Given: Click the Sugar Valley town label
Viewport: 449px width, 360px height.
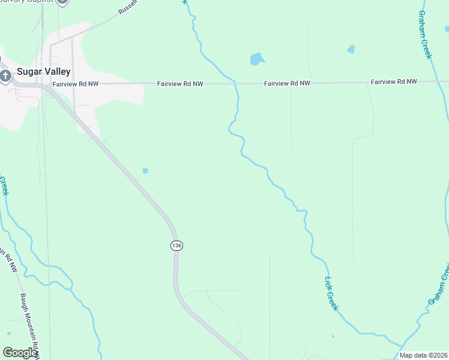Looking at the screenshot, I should point(43,71).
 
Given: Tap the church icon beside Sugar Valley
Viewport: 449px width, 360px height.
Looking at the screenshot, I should point(5,76).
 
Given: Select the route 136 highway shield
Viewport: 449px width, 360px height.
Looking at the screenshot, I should point(176,245).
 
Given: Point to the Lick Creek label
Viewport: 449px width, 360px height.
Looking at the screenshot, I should point(331,293).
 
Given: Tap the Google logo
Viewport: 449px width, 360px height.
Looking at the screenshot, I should point(20,353).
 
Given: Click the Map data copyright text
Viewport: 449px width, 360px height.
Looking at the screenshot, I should point(424,355).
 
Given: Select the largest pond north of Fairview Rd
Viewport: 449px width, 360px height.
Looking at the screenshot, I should point(256,59).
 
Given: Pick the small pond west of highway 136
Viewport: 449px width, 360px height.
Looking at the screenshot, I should point(145,171).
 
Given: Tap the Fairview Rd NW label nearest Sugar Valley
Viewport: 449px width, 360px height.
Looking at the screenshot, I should point(75,85).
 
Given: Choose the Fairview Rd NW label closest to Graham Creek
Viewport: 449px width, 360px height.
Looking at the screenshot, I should point(394,81).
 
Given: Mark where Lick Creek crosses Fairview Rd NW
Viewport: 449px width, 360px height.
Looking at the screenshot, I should point(237,83).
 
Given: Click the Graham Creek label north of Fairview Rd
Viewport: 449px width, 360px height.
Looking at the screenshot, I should point(425,34).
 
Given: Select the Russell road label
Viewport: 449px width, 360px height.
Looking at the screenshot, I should point(128,7).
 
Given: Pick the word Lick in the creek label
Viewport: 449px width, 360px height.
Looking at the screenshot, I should point(328,282).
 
